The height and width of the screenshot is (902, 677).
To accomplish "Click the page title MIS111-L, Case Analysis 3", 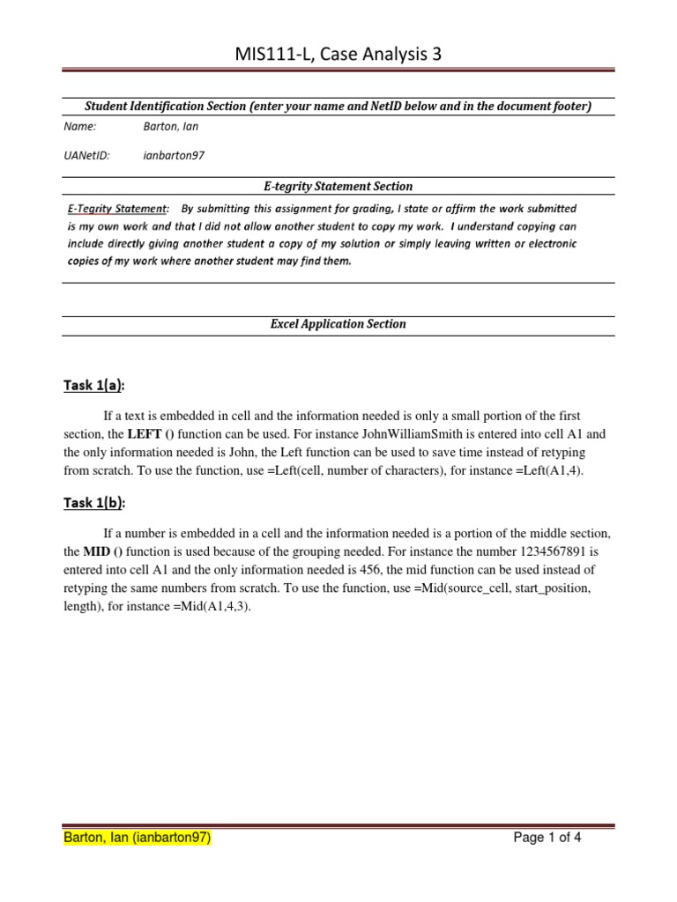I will tap(338, 55).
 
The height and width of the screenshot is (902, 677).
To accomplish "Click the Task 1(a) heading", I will tap(94, 385).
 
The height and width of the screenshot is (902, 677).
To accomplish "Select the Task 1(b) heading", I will tap(94, 503).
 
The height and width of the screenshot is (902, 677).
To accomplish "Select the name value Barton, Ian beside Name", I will tap(171, 126).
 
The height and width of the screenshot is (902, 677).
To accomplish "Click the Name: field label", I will tap(79, 126).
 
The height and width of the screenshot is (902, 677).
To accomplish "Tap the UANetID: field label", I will tap(87, 156).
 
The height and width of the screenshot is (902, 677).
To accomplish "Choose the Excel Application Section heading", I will tap(338, 324).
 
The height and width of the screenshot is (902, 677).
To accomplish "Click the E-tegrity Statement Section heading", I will tap(338, 186).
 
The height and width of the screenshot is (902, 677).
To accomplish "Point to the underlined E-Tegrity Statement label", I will tap(117, 209).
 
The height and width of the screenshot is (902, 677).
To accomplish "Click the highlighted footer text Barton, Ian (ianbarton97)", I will tap(138, 839).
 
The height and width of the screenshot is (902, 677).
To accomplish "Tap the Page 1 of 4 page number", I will tap(547, 839).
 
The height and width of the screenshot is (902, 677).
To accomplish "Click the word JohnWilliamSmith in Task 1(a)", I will tap(372, 434).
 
